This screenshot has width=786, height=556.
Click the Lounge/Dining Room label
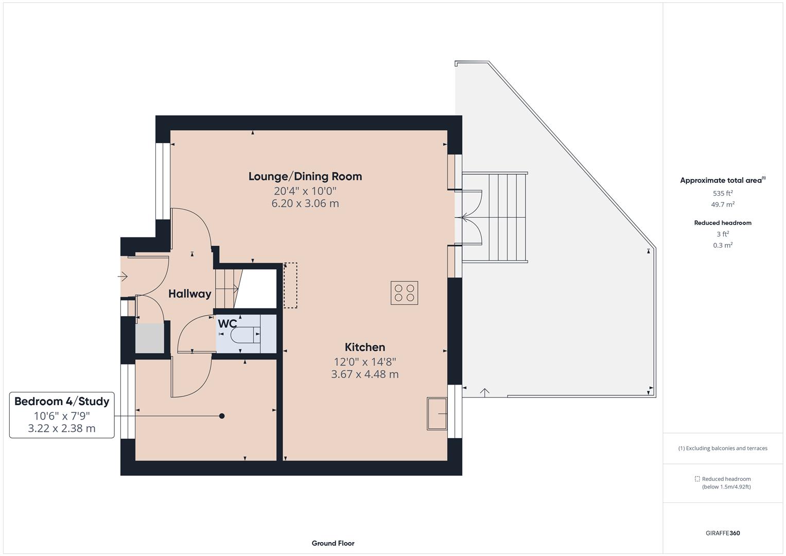[305, 177]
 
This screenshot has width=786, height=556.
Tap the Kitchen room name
[364, 347]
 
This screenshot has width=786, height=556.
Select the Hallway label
[189, 294]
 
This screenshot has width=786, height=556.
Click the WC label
[227, 324]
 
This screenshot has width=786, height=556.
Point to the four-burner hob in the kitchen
[404, 293]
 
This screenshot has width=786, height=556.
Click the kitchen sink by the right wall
[437, 413]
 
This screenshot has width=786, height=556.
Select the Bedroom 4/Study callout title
[62, 402]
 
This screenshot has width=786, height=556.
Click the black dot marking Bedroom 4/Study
[222, 416]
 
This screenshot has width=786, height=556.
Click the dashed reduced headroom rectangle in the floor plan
[290, 286]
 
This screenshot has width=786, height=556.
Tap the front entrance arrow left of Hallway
[123, 277]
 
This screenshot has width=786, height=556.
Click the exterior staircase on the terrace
[495, 218]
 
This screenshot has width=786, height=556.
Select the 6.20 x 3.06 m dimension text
[305, 203]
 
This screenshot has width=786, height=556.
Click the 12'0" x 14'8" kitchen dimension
[364, 361]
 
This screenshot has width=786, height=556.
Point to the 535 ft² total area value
[722, 194]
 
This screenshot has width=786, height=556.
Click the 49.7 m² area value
[722, 204]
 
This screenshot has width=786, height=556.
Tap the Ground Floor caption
[333, 543]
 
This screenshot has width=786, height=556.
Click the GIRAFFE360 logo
[722, 533]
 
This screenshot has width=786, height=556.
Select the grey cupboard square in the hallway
[150, 338]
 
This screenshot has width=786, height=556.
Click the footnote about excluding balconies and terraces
[722, 448]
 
